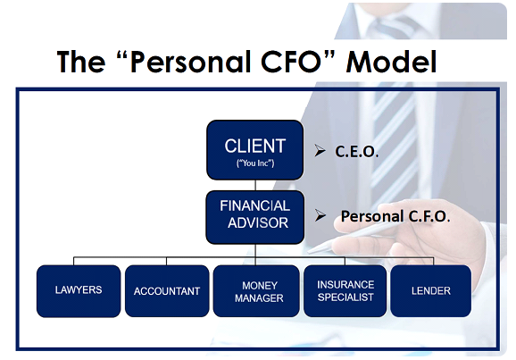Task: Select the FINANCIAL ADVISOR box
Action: coord(255,215)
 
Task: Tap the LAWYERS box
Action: coord(78,290)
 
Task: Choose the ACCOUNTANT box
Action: coord(166,290)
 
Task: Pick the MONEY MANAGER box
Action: coord(255,290)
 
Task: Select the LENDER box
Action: coord(431,290)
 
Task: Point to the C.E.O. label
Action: coord(358,153)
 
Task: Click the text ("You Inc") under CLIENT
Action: coord(255,165)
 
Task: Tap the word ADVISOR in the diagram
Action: coord(255,223)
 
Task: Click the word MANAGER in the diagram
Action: coord(255,297)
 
